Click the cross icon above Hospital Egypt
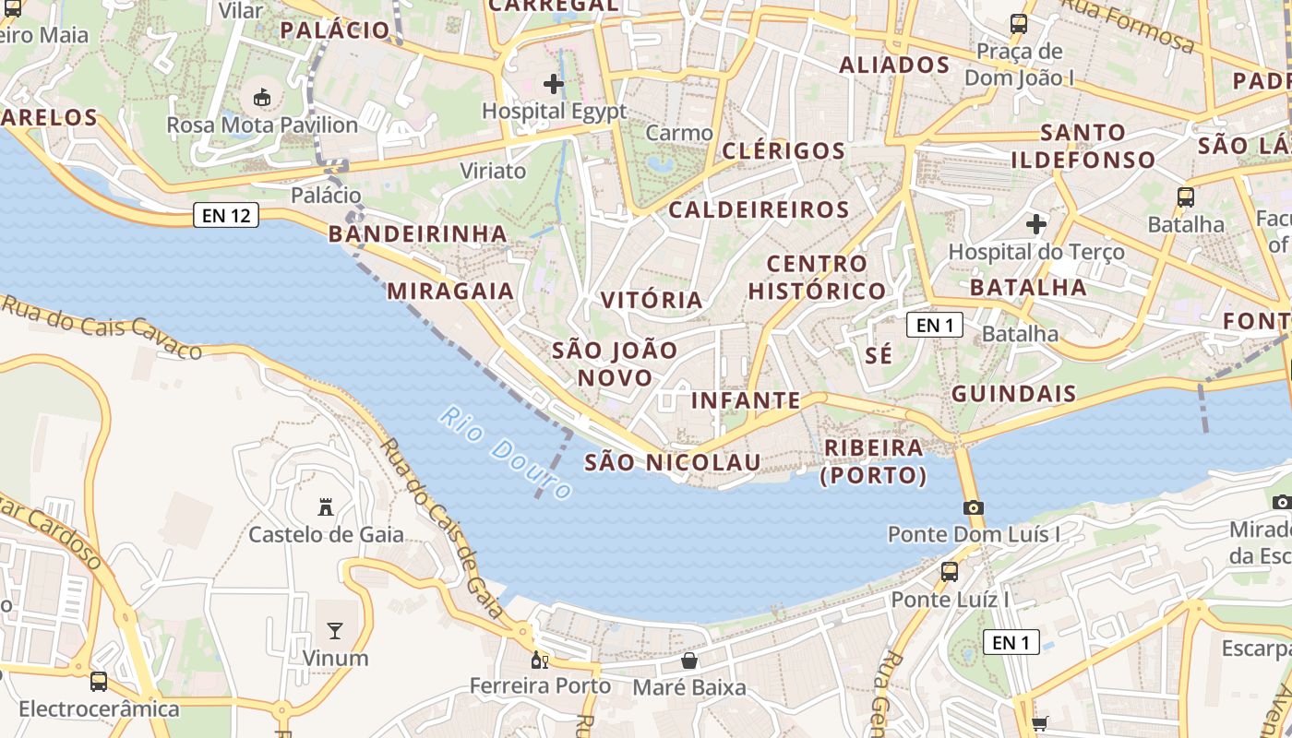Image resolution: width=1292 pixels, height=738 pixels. [x=554, y=85]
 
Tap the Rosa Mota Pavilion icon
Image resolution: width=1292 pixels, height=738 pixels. [x=262, y=97]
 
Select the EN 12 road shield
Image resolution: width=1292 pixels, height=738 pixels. [x=226, y=216]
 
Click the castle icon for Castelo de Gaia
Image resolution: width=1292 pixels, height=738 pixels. [x=325, y=506]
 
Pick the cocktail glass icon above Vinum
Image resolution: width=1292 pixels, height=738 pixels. [x=335, y=631]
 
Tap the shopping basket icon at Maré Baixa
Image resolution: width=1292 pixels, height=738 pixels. [x=688, y=661]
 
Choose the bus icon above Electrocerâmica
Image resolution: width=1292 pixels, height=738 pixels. [x=99, y=682]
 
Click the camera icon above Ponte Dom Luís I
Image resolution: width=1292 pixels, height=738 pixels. [x=973, y=507]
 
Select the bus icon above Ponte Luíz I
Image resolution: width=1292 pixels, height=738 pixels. [x=950, y=572]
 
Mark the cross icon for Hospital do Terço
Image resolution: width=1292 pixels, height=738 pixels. [x=1036, y=224]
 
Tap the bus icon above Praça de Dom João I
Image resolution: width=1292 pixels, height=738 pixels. [x=1019, y=24]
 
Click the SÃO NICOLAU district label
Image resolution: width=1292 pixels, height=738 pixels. [x=673, y=462]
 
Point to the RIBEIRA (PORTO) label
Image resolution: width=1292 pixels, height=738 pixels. [x=873, y=461]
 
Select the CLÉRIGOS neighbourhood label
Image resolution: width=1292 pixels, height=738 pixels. [x=784, y=150]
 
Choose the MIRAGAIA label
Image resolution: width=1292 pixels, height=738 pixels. [x=450, y=291]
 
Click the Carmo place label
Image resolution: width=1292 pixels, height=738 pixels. [x=679, y=133]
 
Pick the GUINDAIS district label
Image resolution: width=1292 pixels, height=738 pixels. [x=1013, y=394]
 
